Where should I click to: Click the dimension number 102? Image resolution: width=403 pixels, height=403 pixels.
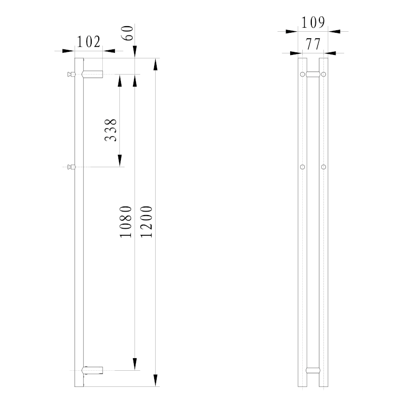coord(89,42)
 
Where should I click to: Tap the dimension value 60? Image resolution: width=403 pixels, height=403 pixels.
coord(128,34)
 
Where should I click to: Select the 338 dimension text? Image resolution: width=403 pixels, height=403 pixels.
coord(111,129)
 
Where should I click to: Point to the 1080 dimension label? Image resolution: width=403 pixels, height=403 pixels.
coord(126,222)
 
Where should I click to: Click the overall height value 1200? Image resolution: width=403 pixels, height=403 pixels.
coord(147,222)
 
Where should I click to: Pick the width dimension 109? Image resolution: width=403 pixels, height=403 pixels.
coord(313,22)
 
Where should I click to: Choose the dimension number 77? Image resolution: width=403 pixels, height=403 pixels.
coord(313,44)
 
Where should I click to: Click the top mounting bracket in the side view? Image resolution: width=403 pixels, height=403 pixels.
coord(93,75)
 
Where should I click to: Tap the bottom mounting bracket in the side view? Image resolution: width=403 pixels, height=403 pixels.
coord(93,371)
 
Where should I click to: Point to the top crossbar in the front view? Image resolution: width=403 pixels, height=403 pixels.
coord(313,75)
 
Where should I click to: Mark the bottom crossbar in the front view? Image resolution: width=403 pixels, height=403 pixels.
coord(313,371)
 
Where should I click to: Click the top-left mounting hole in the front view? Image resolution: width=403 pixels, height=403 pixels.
coord(302,75)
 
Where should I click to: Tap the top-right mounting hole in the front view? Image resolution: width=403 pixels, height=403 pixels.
coord(324,75)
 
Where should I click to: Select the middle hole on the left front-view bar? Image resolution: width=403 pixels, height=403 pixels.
coord(302,166)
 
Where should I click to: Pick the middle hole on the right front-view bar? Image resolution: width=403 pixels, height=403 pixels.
coord(324,166)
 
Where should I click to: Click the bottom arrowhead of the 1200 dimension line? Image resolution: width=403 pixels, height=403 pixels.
coord(156,380)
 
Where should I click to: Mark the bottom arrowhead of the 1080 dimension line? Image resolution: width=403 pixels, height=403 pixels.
coord(135,364)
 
